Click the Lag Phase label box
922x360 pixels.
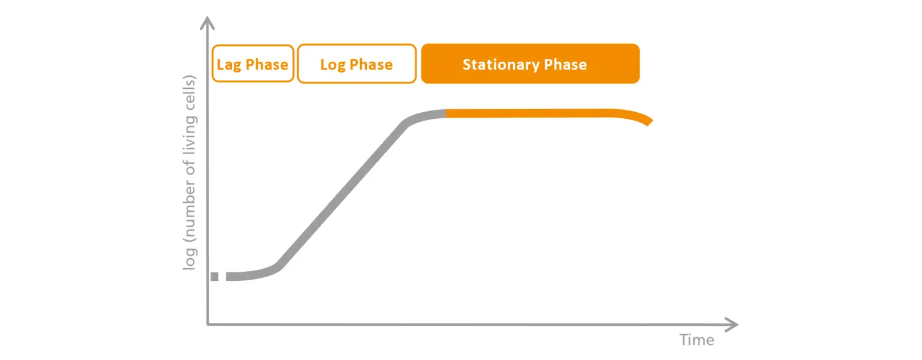[253, 64]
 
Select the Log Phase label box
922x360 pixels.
[357, 64]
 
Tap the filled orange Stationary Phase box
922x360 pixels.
[530, 64]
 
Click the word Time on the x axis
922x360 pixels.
[697, 340]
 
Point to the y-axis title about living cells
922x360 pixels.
[190, 173]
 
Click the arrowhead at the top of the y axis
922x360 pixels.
[208, 23]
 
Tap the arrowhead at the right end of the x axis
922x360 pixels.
[732, 325]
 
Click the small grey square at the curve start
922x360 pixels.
[215, 276]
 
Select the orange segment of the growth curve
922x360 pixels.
[540, 113]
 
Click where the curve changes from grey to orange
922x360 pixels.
[447, 114]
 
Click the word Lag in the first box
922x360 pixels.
[229, 64]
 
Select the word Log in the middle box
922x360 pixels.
[333, 64]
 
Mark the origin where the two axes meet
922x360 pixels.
[208, 325]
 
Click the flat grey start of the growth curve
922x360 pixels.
[246, 275]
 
